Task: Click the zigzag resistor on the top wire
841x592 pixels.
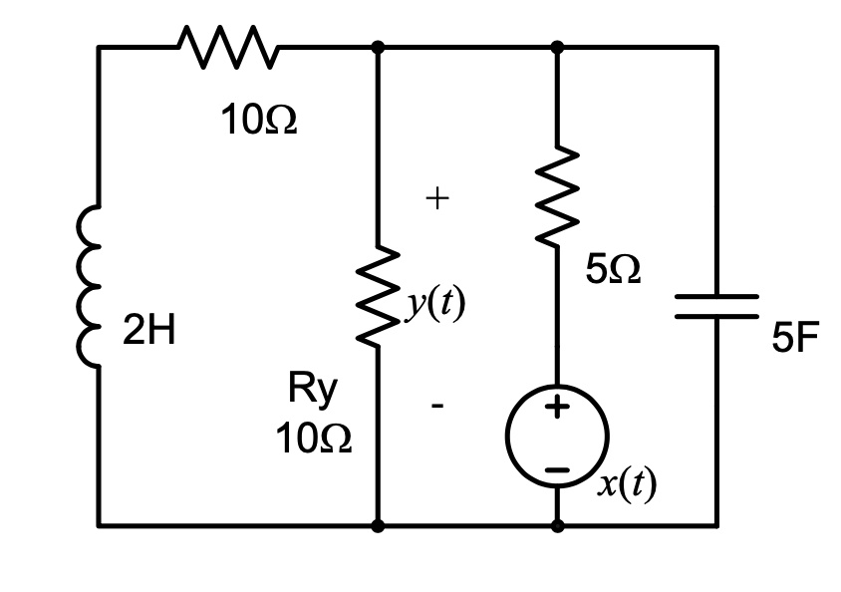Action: [x=228, y=46]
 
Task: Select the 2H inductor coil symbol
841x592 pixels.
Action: [x=92, y=286]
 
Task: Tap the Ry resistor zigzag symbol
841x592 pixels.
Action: [x=378, y=296]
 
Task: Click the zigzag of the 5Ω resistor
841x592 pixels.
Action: [x=557, y=195]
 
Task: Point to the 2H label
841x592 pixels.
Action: [x=149, y=332]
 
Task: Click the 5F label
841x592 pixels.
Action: [x=794, y=340]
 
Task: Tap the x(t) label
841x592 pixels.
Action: [x=628, y=484]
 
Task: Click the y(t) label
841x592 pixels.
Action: [x=435, y=305]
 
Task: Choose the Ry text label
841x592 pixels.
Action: [x=313, y=390]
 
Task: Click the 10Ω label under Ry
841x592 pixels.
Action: [x=314, y=439]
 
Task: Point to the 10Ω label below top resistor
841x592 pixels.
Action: [x=259, y=122]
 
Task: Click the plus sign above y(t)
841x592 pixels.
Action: [x=436, y=199]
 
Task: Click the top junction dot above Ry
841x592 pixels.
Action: [x=378, y=46]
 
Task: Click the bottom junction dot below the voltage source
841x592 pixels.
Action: [x=557, y=525]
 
